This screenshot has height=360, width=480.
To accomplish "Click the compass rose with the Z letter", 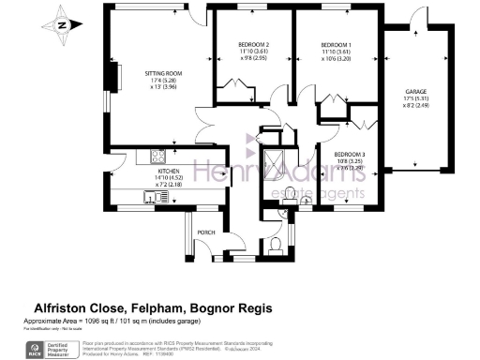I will pyautogui.click(x=61, y=26).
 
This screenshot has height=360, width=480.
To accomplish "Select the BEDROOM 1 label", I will pyautogui.click(x=336, y=45).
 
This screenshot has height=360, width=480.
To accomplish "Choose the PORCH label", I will pyautogui.click(x=206, y=232).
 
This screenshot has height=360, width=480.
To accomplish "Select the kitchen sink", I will pyautogui.click(x=150, y=197).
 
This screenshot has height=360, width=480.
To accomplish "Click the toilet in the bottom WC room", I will pyautogui.click(x=275, y=247).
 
